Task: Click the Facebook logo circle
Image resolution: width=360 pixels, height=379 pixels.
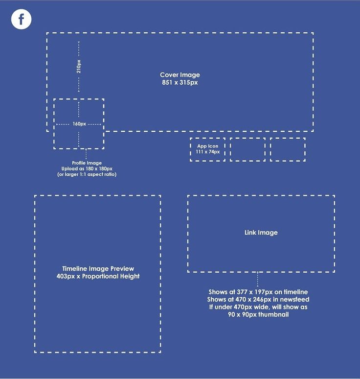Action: click(x=21, y=19)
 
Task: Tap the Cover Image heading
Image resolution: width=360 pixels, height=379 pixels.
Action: click(x=180, y=75)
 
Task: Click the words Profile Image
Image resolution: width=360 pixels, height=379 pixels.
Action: click(x=87, y=163)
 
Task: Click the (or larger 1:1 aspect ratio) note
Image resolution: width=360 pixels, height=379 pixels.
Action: click(x=87, y=174)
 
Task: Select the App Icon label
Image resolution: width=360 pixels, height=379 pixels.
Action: click(x=208, y=146)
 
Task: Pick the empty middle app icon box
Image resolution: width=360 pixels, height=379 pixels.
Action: click(x=247, y=149)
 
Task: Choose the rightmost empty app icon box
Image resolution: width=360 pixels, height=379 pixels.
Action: click(x=288, y=149)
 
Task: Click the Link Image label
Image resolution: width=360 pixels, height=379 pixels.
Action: click(x=261, y=233)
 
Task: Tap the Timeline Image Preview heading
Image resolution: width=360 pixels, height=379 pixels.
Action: click(x=98, y=268)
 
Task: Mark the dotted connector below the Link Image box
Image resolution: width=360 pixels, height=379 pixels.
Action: click(x=258, y=279)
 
